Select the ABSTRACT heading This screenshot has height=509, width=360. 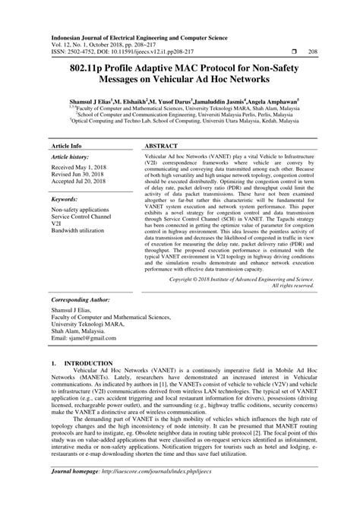[162, 144]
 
